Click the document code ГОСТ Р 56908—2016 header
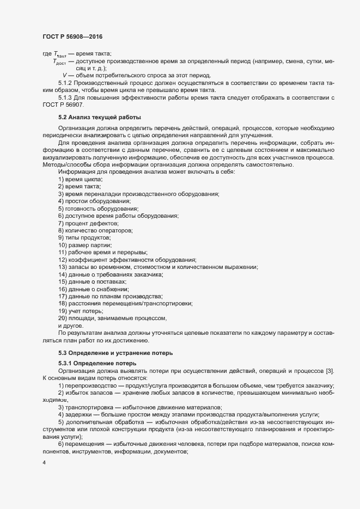[72, 36]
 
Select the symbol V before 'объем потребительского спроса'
[65, 75]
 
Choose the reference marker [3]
[330, 371]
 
